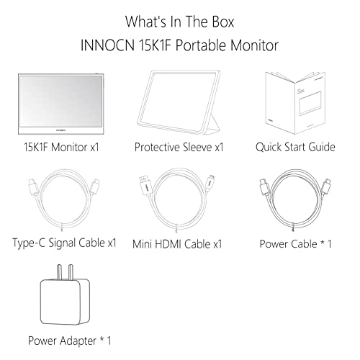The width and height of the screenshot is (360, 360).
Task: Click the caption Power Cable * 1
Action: [295, 243]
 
